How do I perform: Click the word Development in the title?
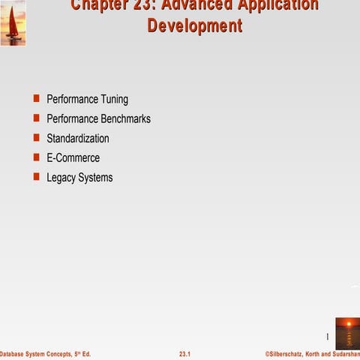point(195,25)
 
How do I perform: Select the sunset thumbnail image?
point(346,332)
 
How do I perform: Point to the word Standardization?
point(78,139)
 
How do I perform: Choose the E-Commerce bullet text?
point(73,158)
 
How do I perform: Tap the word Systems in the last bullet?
point(96,178)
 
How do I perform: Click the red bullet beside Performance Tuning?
point(36,98)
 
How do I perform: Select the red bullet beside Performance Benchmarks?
point(36,118)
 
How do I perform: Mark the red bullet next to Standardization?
point(36,138)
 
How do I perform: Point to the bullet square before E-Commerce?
point(36,157)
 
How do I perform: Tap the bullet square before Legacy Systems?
point(36,177)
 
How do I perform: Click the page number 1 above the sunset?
point(328,335)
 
